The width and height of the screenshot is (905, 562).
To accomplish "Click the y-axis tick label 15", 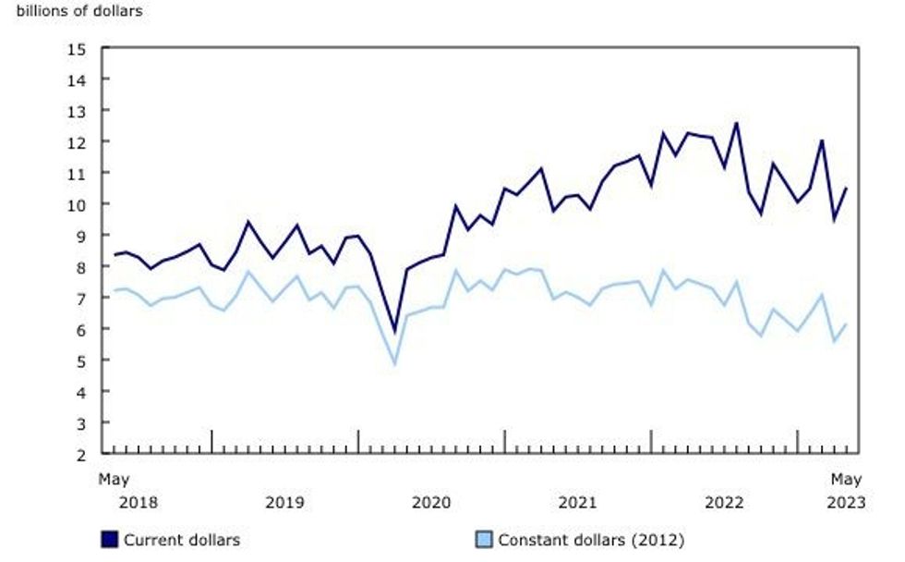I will pyautogui.click(x=78, y=48).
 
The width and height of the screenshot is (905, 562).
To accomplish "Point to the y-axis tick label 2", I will pyautogui.click(x=82, y=454).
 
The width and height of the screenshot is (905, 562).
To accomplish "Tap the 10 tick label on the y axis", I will pyautogui.click(x=78, y=204).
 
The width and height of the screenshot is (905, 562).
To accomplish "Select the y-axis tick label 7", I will pyautogui.click(x=82, y=298).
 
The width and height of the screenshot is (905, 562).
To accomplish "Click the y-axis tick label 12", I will pyautogui.click(x=78, y=141).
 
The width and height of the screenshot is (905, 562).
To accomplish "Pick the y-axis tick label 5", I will pyautogui.click(x=82, y=360).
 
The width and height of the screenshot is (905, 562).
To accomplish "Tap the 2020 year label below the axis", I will pyautogui.click(x=430, y=503).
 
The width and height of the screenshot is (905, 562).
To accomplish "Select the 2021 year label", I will pyautogui.click(x=577, y=503).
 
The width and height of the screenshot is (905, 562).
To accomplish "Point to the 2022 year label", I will pyautogui.click(x=724, y=503).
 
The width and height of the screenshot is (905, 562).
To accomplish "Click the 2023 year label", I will pyautogui.click(x=846, y=503).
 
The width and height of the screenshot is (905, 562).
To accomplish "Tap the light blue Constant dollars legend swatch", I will pyautogui.click(x=485, y=539).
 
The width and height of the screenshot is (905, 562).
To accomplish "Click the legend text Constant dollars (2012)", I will pyautogui.click(x=589, y=539).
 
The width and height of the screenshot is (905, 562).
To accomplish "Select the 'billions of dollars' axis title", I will pyautogui.click(x=79, y=12).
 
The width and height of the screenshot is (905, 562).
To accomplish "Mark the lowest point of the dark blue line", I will pyautogui.click(x=394, y=331).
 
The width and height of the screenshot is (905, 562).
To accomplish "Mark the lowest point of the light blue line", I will pyautogui.click(x=394, y=364).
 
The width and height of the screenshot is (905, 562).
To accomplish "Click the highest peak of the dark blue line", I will pyautogui.click(x=736, y=122).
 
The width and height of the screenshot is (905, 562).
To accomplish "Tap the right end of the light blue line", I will pyautogui.click(x=846, y=324).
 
